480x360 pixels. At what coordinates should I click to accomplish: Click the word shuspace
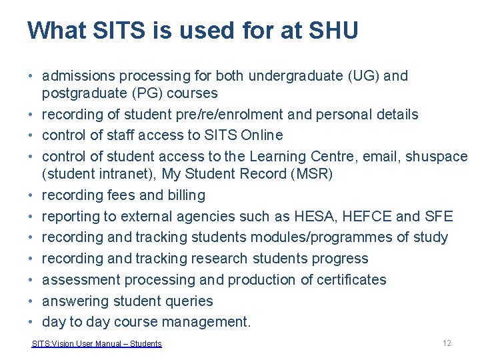point(437,157)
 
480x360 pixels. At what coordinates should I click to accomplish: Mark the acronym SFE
point(438,217)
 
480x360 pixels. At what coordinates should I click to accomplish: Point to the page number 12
point(447,343)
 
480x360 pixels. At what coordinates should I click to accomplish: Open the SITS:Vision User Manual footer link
point(97,344)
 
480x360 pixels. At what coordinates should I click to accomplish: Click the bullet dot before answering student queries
point(31,301)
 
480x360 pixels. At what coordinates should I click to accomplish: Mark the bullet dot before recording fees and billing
point(31,195)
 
